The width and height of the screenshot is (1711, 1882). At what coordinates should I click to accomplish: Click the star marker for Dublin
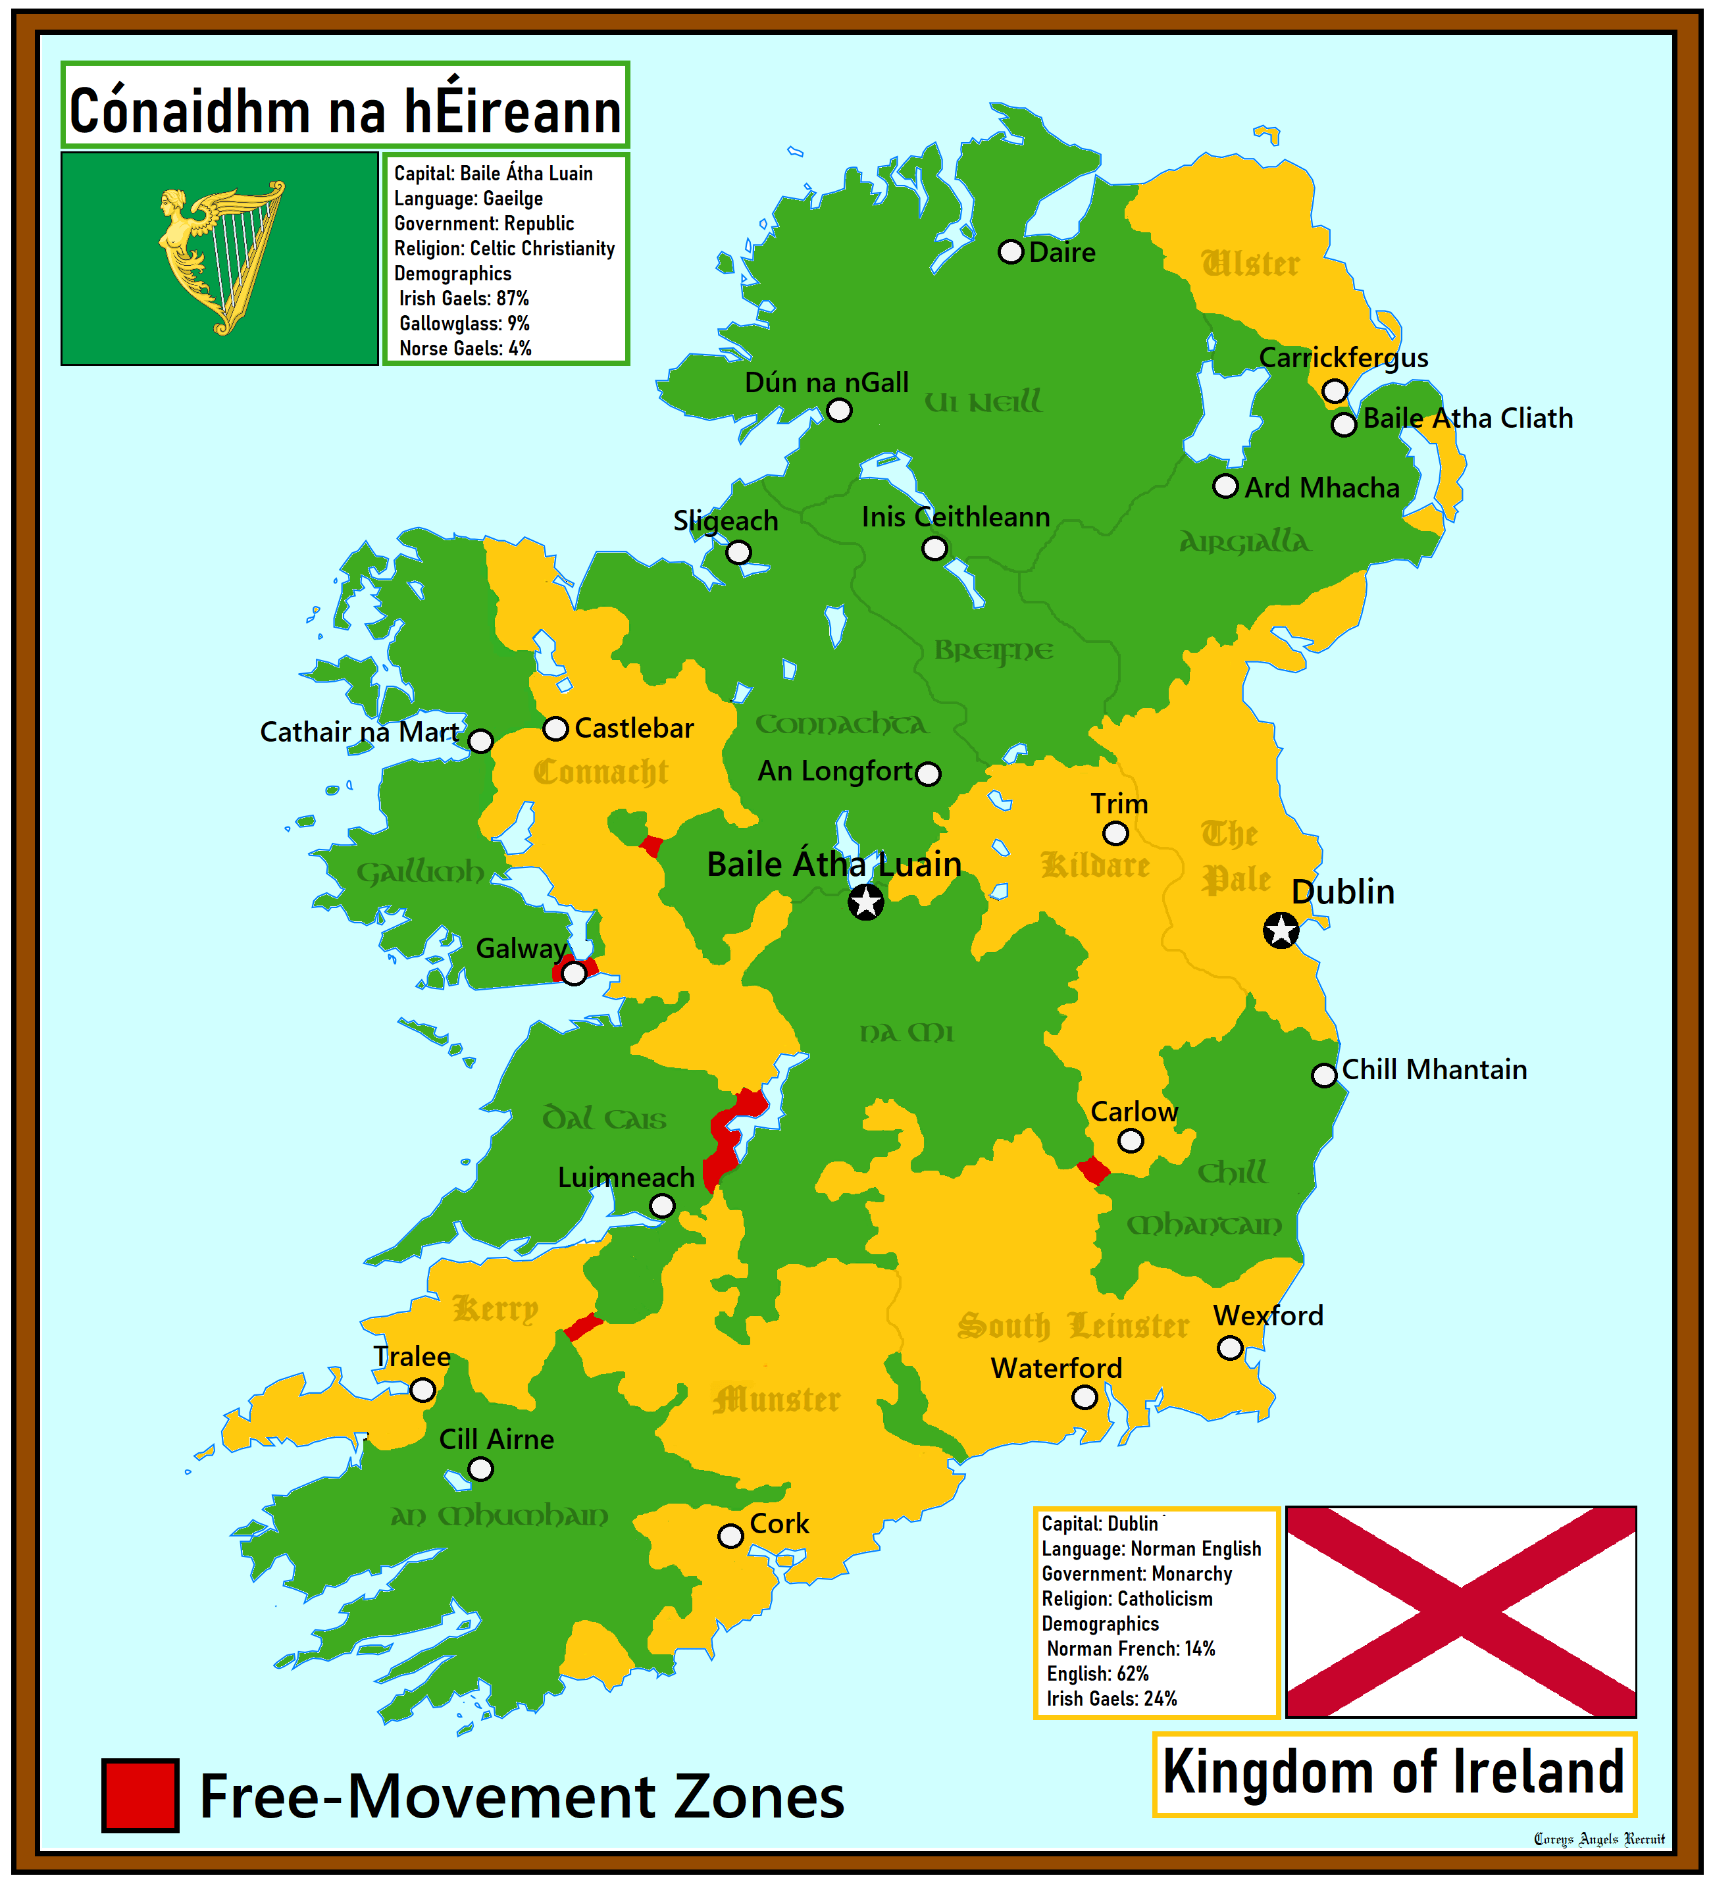click(x=1281, y=930)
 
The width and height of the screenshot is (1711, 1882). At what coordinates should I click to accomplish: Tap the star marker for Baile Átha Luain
click(x=865, y=902)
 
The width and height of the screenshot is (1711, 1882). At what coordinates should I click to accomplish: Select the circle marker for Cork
click(x=730, y=1536)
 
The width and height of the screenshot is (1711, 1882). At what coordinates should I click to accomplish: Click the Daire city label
click(x=1061, y=252)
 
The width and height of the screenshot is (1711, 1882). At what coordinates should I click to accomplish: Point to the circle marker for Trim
click(x=1115, y=832)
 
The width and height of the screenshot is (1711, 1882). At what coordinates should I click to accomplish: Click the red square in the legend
click(x=140, y=1795)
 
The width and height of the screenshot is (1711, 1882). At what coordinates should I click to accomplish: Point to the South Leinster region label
click(x=1073, y=1325)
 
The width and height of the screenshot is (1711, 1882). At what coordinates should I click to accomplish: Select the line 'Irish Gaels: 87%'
click(x=464, y=299)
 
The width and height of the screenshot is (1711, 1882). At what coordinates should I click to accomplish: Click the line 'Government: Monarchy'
click(x=1136, y=1574)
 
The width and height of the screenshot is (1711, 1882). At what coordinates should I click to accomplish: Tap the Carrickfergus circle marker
click(x=1335, y=390)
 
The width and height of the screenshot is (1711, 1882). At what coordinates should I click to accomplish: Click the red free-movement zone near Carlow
click(x=1093, y=1171)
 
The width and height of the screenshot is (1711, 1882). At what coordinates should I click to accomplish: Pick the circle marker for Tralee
click(x=423, y=1390)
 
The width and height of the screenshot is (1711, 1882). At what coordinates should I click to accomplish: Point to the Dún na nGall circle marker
click(x=839, y=411)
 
